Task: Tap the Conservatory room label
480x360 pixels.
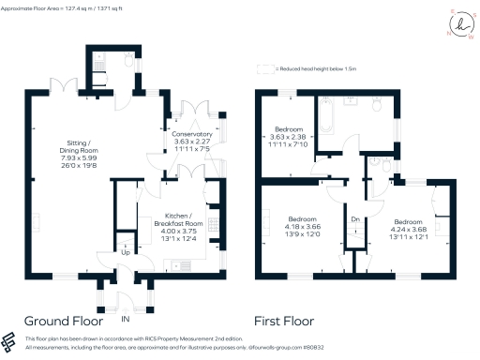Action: click(191, 135)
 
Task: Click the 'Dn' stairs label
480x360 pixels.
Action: click(354, 219)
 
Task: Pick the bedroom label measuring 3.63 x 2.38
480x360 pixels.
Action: click(289, 128)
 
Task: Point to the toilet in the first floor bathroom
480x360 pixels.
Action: click(377, 106)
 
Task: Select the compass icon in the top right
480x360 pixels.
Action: click(461, 25)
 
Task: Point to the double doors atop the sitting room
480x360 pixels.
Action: click(64, 85)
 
